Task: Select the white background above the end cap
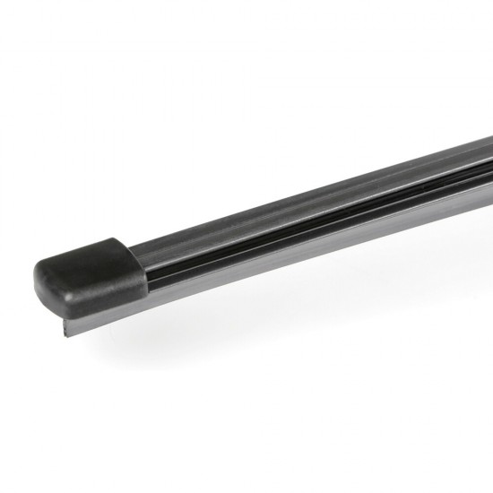[90, 134]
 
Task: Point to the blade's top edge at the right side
[448, 147]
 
